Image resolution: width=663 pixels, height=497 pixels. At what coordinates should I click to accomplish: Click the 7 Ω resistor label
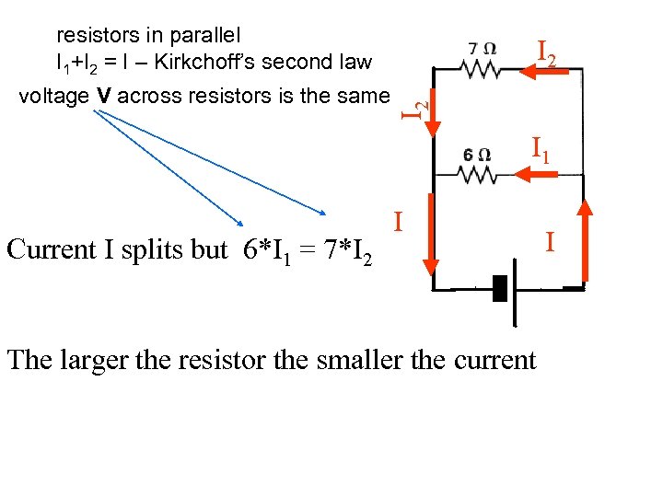483,47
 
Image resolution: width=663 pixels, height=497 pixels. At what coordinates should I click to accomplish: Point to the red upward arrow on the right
586,239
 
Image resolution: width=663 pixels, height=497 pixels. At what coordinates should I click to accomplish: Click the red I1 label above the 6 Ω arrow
541,148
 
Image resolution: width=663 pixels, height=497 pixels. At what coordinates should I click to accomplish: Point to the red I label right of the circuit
550,243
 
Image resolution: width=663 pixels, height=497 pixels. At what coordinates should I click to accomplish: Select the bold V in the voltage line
104,95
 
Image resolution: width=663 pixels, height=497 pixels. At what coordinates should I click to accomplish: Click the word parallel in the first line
201,36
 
